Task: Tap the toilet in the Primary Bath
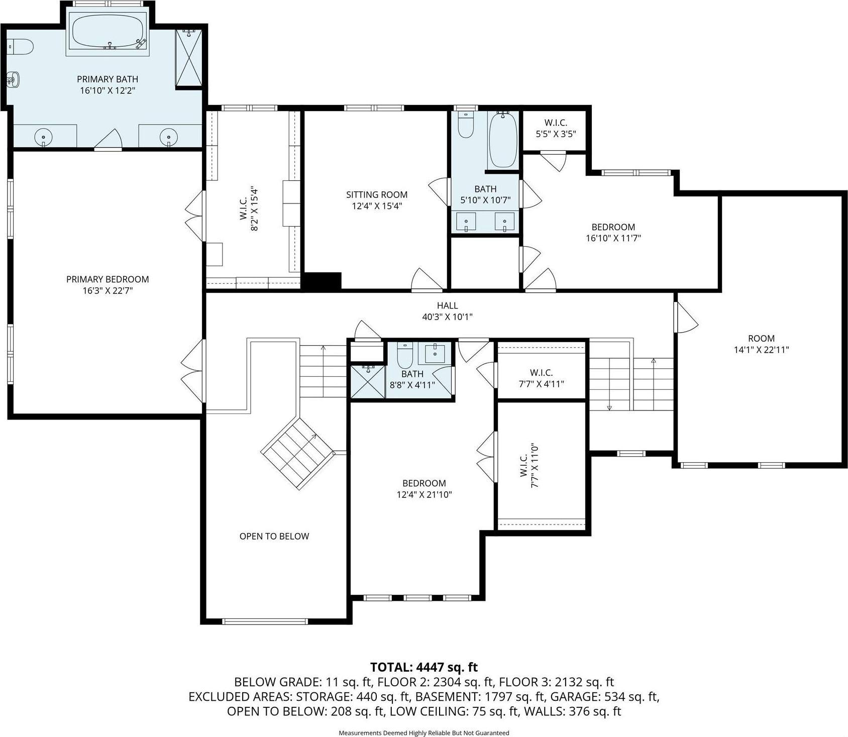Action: coord(20,47)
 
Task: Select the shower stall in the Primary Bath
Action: coord(189,58)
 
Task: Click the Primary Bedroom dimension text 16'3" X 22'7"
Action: coord(108,290)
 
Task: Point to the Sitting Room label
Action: coord(377,194)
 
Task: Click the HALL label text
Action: coord(447,305)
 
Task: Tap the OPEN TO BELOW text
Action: coord(274,536)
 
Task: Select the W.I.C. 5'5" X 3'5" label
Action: coord(556,128)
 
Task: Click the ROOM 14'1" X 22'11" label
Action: coord(761,344)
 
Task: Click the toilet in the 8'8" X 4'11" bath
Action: coord(405,356)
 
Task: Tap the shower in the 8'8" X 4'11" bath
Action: coord(368,381)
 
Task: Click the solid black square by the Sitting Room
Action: coord(322,280)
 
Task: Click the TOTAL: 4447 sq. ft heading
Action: coord(423,667)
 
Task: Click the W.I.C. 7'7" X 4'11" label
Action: coord(541,378)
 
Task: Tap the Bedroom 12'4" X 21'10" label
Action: coord(424,489)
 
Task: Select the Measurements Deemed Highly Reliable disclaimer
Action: coord(423,733)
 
